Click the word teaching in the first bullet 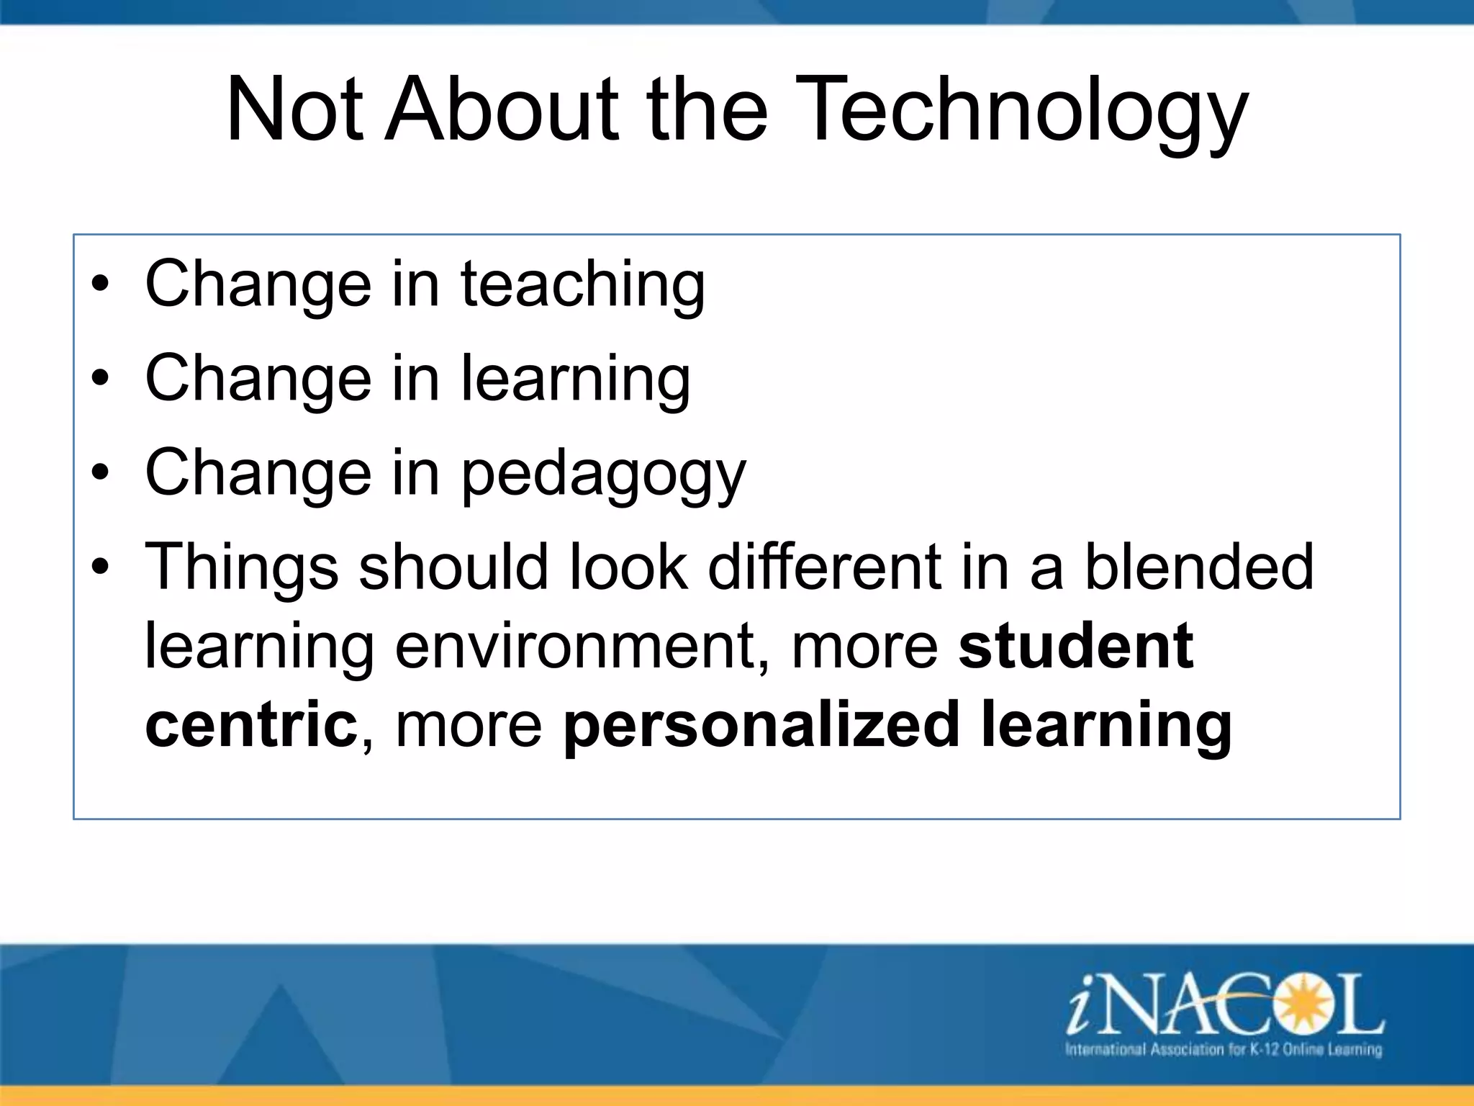point(582,284)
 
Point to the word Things point(241,567)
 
